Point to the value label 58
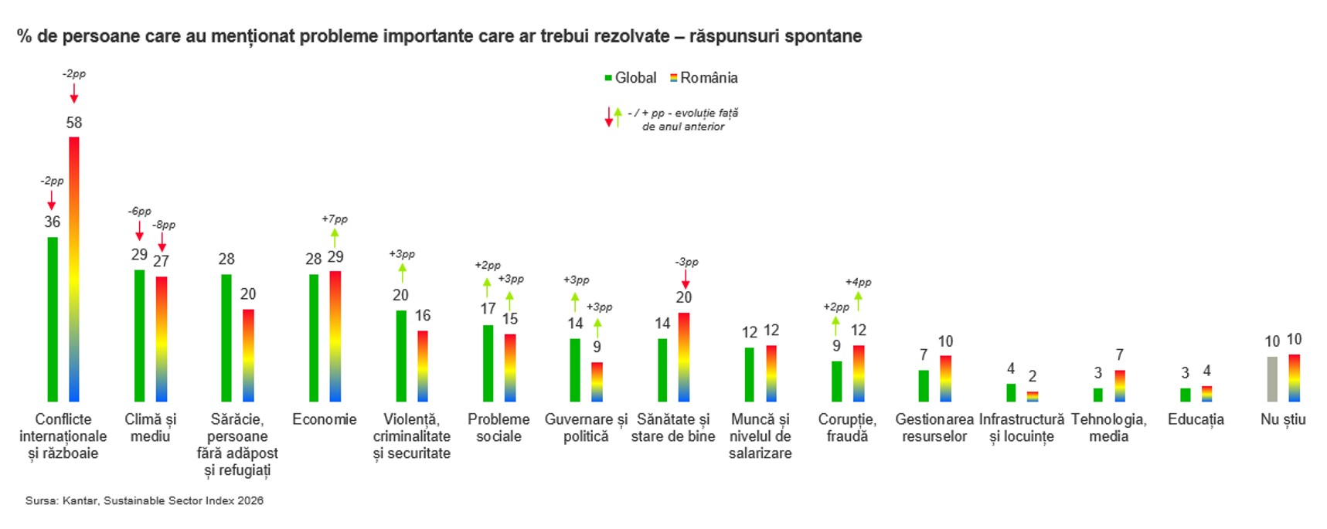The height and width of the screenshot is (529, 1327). pyautogui.click(x=74, y=123)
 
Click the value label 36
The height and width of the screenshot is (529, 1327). pyautogui.click(x=52, y=222)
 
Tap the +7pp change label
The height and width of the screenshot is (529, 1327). pyautogui.click(x=335, y=219)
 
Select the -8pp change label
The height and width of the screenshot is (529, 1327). pyautogui.click(x=163, y=225)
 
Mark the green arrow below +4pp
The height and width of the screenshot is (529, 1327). pyautogui.click(x=858, y=300)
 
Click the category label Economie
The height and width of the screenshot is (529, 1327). pyautogui.click(x=325, y=419)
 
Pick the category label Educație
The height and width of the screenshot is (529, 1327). pyautogui.click(x=1196, y=419)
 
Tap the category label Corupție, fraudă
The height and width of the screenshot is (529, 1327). pyautogui.click(x=847, y=428)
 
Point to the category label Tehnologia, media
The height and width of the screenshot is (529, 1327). pyautogui.click(x=1108, y=428)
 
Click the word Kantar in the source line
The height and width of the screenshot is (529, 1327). pyautogui.click(x=80, y=500)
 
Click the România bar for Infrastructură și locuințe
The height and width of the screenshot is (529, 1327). pyautogui.click(x=1033, y=396)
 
